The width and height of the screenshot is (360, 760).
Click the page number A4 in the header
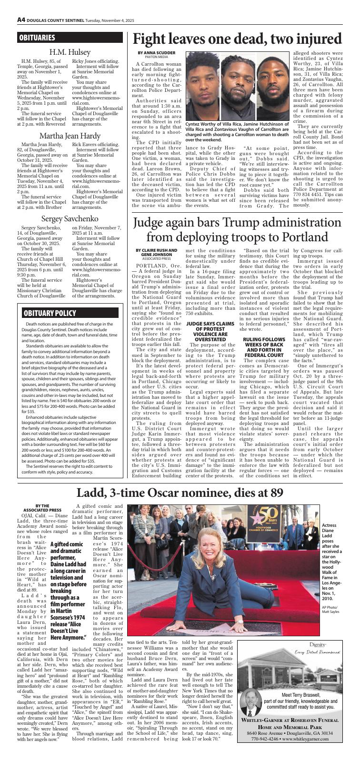click(21, 20)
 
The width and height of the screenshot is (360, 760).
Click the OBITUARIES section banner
click(37, 38)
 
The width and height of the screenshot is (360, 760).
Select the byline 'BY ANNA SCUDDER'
click(157, 52)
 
